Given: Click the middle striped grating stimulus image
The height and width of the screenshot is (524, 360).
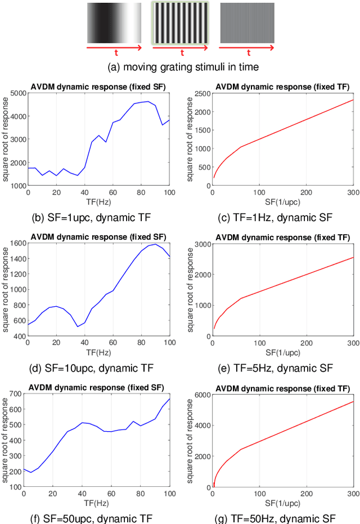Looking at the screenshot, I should tap(180, 23).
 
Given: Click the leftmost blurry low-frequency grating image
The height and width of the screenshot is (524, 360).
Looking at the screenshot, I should tap(114, 23).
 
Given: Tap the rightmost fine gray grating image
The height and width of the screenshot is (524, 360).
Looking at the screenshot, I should tap(247, 23).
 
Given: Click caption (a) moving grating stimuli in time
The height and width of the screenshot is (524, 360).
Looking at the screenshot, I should tap(180, 67).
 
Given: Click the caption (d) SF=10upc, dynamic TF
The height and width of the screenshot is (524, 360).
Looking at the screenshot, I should tap(92, 368).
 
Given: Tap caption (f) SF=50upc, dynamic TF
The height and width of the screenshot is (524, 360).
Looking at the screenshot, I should tap(92, 518).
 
